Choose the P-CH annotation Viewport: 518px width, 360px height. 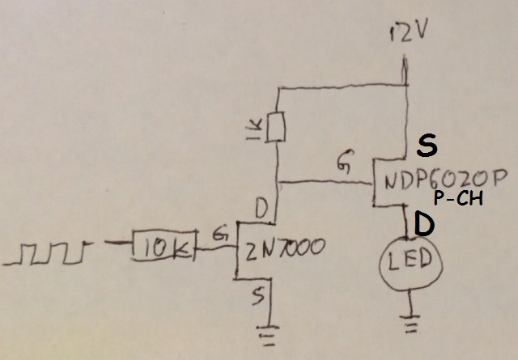[458, 199]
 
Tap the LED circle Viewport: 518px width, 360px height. [407, 263]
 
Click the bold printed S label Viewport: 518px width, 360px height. [426, 146]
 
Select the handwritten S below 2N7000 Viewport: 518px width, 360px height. [257, 298]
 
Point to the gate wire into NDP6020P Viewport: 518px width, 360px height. [324, 182]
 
